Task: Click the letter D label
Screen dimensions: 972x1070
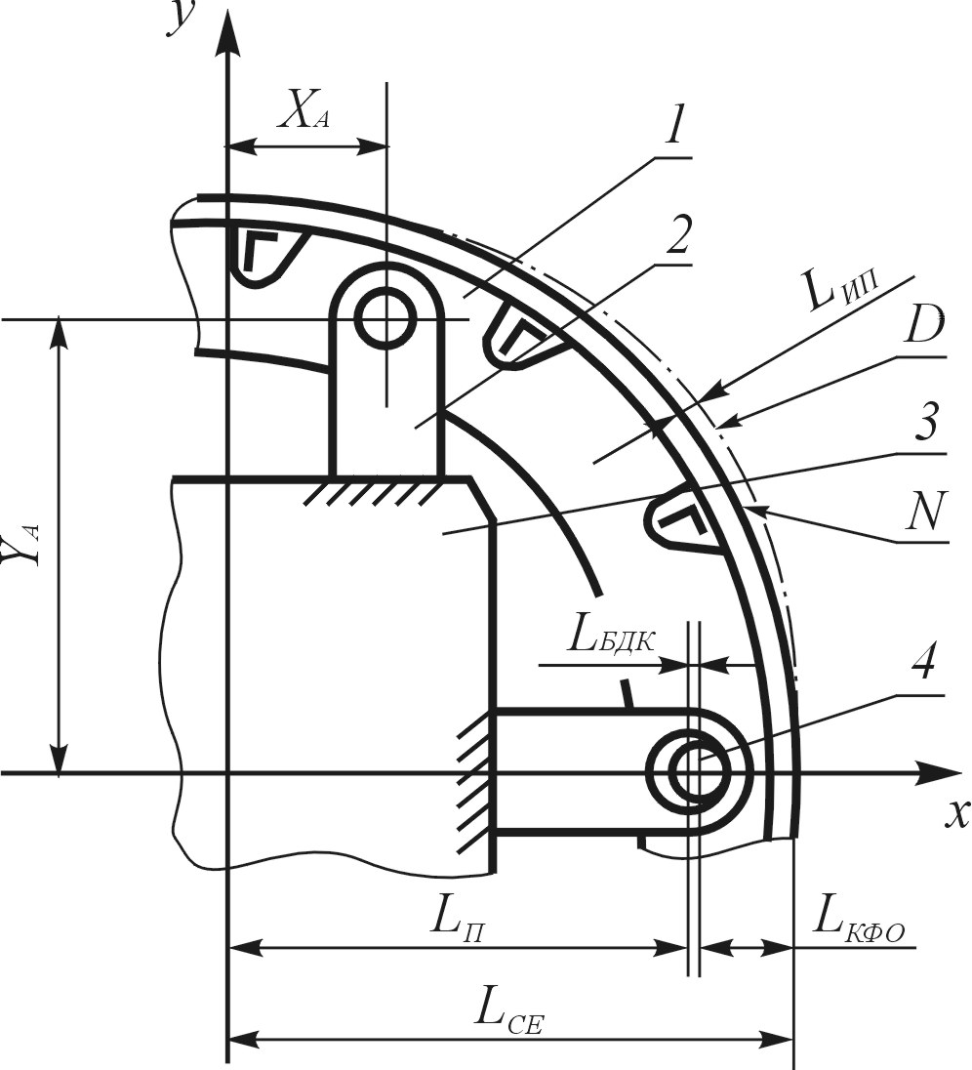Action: point(924,324)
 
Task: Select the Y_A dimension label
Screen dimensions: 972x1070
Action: point(24,545)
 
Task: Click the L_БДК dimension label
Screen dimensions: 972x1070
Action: point(612,640)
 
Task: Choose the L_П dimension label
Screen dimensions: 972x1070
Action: point(459,921)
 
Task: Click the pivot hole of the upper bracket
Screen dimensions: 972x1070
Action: point(387,318)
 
